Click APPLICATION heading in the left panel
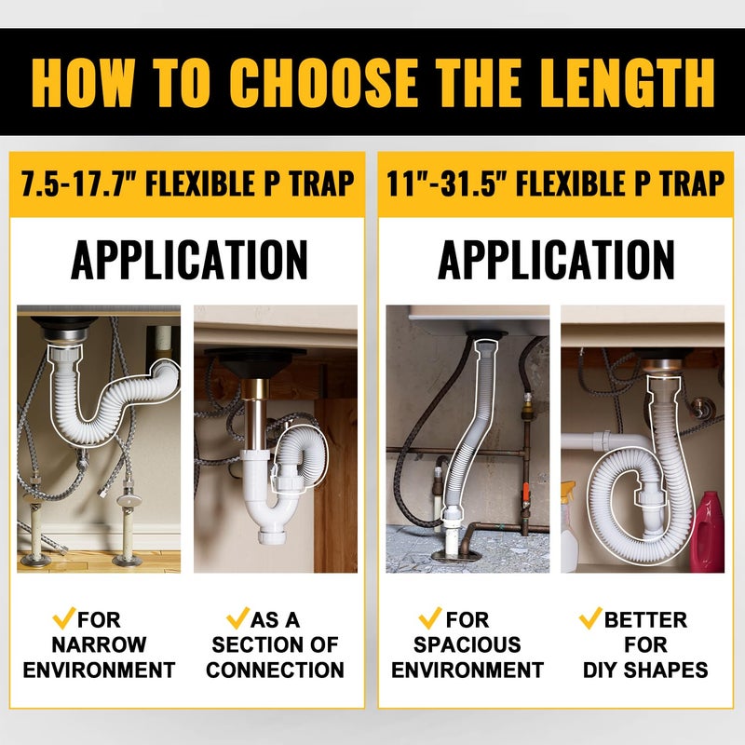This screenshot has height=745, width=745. pyautogui.click(x=189, y=260)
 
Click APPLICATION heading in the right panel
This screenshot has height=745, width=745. pyautogui.click(x=556, y=260)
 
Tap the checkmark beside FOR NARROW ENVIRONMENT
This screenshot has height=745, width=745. pyautogui.click(x=64, y=617)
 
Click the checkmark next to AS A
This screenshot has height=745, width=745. pyautogui.click(x=238, y=617)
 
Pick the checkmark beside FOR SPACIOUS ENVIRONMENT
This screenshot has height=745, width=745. pyautogui.click(x=430, y=617)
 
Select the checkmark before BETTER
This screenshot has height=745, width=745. pyautogui.click(x=590, y=617)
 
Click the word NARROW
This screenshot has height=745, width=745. pyautogui.click(x=99, y=644)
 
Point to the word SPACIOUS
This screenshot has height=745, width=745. pyautogui.click(x=467, y=644)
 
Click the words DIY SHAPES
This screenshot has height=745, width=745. pyautogui.click(x=646, y=670)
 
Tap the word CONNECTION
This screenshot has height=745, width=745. pyautogui.click(x=276, y=670)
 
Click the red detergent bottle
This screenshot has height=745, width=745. pyautogui.click(x=708, y=531)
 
